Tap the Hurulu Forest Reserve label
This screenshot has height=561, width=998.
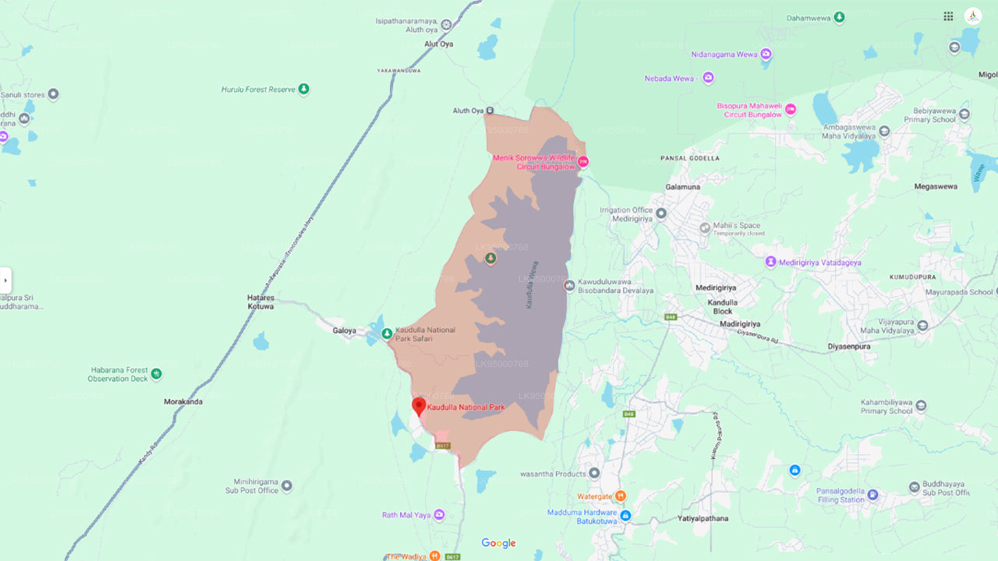pyautogui.click(x=259, y=90)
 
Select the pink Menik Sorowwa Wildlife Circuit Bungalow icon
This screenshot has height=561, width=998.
pyautogui.click(x=582, y=161)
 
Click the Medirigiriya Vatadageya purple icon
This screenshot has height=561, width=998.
pyautogui.click(x=771, y=262)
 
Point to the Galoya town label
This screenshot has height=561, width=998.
pyautogui.click(x=344, y=330)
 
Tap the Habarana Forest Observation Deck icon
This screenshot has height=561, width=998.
pyautogui.click(x=156, y=374)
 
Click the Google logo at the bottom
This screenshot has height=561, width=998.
pyautogui.click(x=498, y=543)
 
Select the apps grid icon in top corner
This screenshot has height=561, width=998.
pyautogui.click(x=948, y=16)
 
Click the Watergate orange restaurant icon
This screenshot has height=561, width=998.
pyautogui.click(x=621, y=496)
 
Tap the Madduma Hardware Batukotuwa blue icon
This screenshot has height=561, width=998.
pyautogui.click(x=625, y=515)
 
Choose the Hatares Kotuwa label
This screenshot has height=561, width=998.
pyautogui.click(x=260, y=302)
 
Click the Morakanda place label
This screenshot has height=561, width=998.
pyautogui.click(x=183, y=402)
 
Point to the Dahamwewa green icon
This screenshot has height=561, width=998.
pyautogui.click(x=839, y=17)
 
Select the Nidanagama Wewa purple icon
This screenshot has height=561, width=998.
pyautogui.click(x=766, y=55)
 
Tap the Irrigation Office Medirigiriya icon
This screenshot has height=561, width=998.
pyautogui.click(x=661, y=213)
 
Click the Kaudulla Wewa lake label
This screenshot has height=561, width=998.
pyautogui.click(x=533, y=284)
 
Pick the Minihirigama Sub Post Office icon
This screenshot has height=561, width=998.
pyautogui.click(x=286, y=486)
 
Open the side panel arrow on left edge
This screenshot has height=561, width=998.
pyautogui.click(x=5, y=280)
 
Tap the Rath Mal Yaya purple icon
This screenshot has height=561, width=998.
pyautogui.click(x=439, y=515)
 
